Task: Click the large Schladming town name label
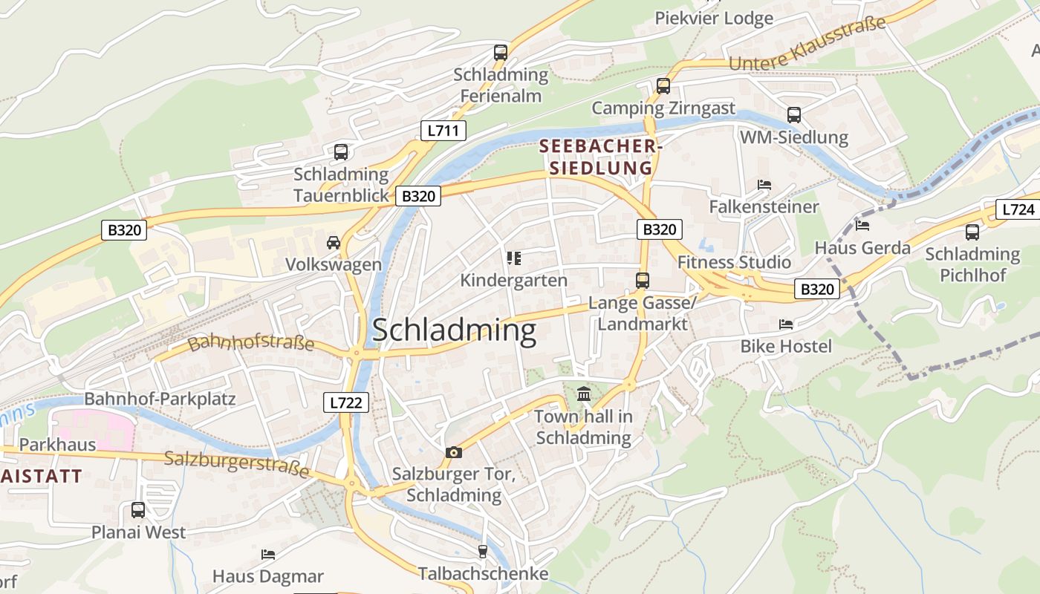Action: pyautogui.click(x=454, y=330)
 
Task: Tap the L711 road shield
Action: pyautogui.click(x=443, y=131)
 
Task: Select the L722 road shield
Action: pyautogui.click(x=346, y=403)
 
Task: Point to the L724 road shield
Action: pyautogui.click(x=1017, y=209)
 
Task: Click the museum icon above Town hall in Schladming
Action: pyautogui.click(x=584, y=394)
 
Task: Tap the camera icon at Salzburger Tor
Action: pyautogui.click(x=453, y=451)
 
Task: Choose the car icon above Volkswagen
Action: pyautogui.click(x=334, y=242)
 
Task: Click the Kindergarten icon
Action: pyautogui.click(x=513, y=258)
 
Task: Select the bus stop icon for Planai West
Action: pyautogui.click(x=138, y=510)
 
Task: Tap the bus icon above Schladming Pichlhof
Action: pyautogui.click(x=972, y=232)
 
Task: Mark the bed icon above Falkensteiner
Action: pyautogui.click(x=764, y=184)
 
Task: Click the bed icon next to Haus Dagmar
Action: pyautogui.click(x=268, y=554)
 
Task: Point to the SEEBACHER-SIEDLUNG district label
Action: pyautogui.click(x=600, y=157)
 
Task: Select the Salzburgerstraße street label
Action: pyautogui.click(x=236, y=463)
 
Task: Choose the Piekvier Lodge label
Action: pyautogui.click(x=713, y=18)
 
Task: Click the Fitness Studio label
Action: pyautogui.click(x=734, y=262)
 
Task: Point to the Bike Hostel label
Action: pyautogui.click(x=786, y=346)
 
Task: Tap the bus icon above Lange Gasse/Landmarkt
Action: pyautogui.click(x=642, y=281)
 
